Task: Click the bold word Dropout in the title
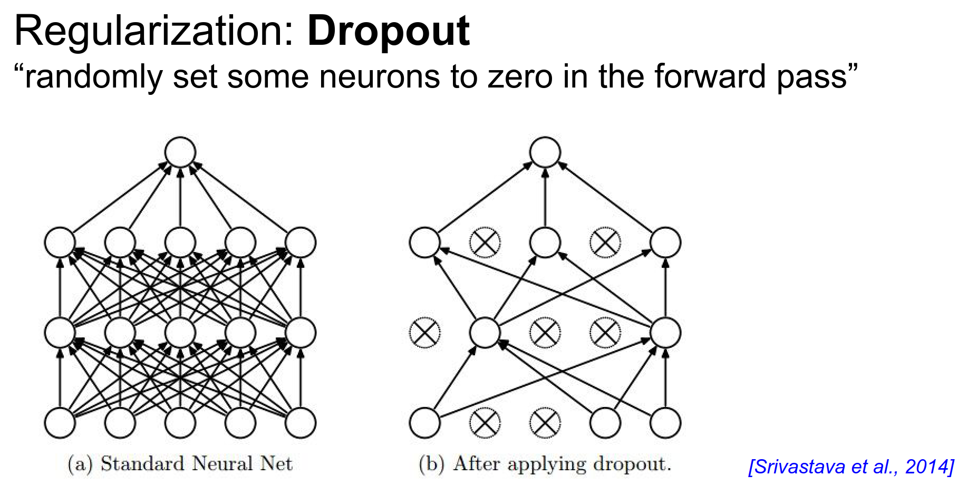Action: [388, 32]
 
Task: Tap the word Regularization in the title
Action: [153, 32]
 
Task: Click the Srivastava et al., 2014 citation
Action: [851, 467]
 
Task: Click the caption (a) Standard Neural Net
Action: [180, 464]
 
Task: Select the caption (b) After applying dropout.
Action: [545, 464]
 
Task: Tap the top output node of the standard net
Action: [180, 152]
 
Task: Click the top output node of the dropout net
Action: [545, 152]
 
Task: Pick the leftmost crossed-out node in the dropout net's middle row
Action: [425, 333]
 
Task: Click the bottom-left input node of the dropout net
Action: [425, 423]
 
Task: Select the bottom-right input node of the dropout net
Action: [665, 423]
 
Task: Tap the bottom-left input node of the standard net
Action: [60, 423]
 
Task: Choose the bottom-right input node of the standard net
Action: [301, 423]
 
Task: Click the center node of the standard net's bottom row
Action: [180, 423]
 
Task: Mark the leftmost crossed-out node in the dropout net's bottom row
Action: [485, 423]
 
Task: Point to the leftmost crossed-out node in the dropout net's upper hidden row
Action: [485, 242]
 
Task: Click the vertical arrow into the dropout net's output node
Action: [545, 198]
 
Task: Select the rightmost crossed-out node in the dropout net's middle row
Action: [605, 333]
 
